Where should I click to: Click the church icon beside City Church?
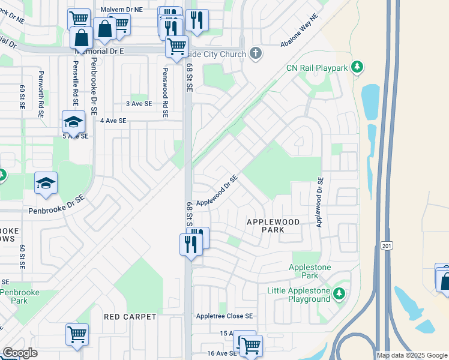point(256,54)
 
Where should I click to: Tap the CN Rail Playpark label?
point(317,68)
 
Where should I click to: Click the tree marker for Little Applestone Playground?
point(340,293)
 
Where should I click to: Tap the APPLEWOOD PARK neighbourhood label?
point(273,226)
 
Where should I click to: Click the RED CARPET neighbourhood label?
point(130,316)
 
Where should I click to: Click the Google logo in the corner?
point(19,353)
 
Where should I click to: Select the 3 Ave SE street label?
point(139,103)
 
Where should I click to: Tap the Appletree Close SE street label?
point(224,316)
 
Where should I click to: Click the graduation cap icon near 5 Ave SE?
point(73,122)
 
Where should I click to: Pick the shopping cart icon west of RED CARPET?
point(77,334)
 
